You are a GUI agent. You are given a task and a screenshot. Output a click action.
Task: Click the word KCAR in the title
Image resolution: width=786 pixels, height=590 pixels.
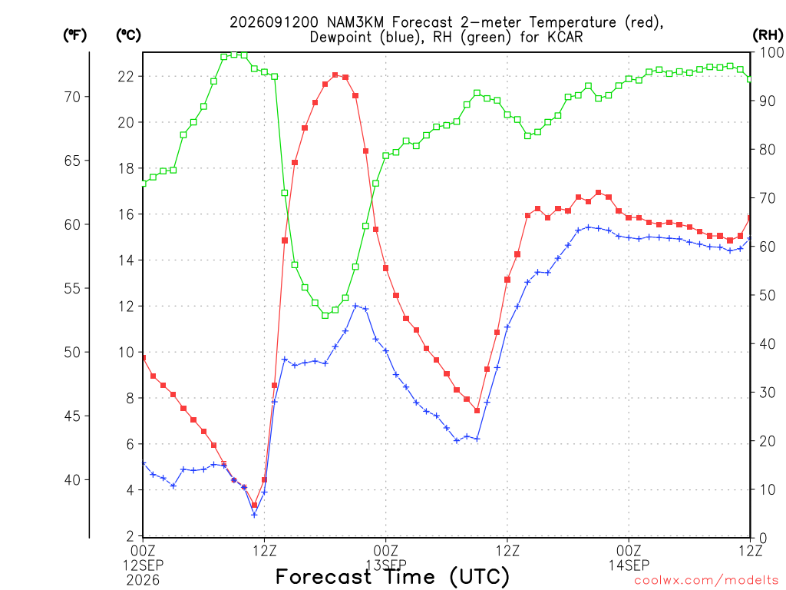tap(563, 37)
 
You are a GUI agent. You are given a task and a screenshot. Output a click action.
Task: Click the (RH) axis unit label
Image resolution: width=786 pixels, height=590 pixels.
tap(768, 35)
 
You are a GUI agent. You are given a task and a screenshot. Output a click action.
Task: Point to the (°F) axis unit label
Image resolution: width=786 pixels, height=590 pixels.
tap(74, 35)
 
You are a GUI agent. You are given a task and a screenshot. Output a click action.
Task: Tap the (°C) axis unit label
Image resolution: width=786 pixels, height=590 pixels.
tap(128, 35)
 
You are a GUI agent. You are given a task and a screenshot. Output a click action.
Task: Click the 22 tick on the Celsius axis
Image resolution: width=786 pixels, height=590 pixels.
tap(126, 76)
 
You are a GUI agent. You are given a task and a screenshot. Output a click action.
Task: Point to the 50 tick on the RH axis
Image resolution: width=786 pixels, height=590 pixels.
tap(768, 295)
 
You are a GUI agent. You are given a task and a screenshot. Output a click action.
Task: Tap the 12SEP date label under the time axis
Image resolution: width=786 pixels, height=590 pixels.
tap(144, 565)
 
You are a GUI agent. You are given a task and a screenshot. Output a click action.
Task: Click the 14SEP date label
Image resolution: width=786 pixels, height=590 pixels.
tap(629, 565)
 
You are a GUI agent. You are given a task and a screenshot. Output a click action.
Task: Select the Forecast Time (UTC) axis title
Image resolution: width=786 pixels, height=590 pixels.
tap(392, 577)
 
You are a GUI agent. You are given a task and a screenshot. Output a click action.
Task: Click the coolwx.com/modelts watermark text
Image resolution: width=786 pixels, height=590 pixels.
tap(706, 581)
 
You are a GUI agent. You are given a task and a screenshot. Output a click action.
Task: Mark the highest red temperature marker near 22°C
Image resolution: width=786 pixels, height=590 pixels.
tap(335, 75)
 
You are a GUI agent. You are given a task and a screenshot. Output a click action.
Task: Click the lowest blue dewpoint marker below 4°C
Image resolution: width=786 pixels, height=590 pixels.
tap(254, 515)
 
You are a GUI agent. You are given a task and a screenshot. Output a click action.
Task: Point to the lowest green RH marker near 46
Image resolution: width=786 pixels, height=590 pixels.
tap(325, 316)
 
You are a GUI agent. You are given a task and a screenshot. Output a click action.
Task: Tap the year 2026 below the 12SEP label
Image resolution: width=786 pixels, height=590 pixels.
tap(144, 580)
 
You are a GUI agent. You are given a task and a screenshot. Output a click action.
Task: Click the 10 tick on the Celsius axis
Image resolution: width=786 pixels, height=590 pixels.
tap(126, 352)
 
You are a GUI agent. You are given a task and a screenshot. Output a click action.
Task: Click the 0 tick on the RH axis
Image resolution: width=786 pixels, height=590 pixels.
tap(763, 539)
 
